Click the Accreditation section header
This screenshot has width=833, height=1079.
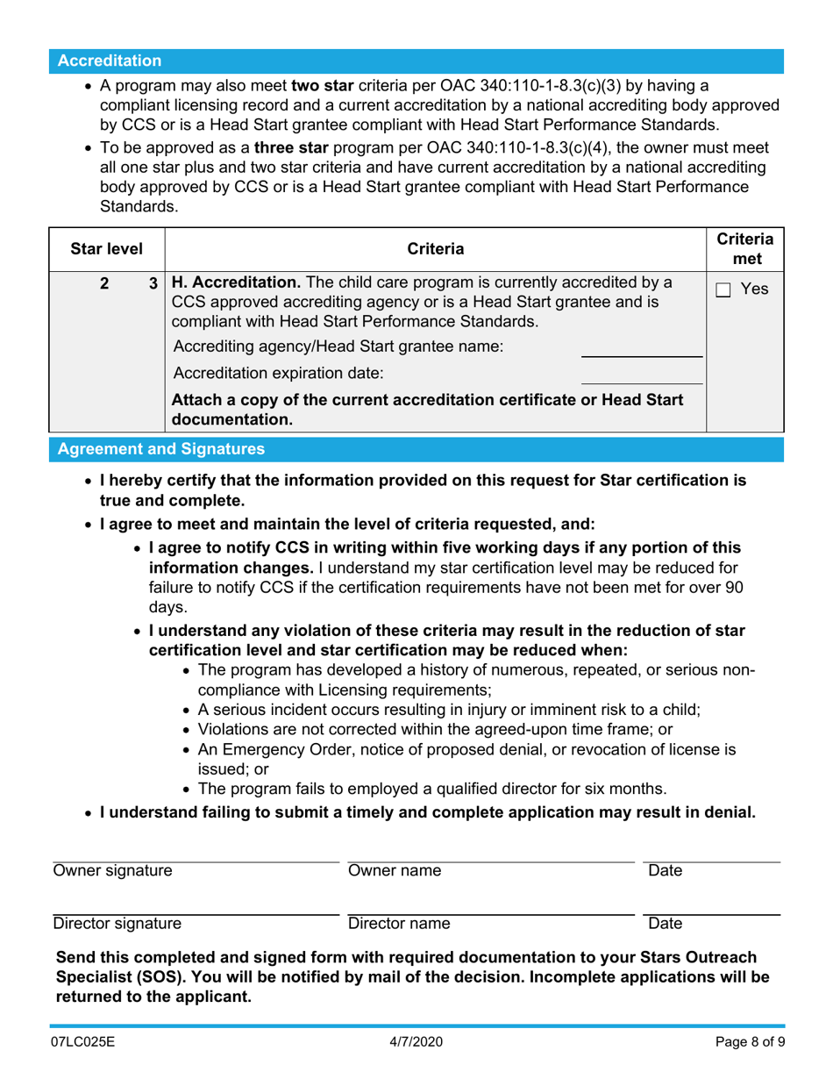click(x=110, y=61)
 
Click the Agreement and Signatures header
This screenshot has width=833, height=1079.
click(x=160, y=450)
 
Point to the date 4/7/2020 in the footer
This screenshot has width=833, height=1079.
click(x=416, y=1047)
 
